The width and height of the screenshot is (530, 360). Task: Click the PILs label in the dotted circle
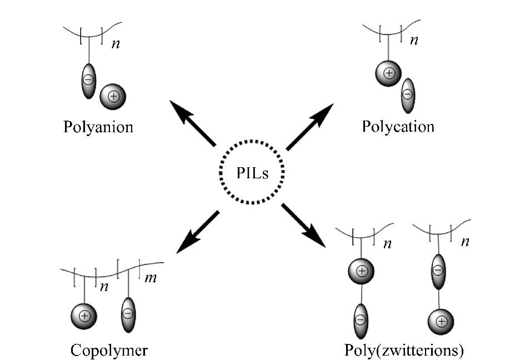[x=252, y=173]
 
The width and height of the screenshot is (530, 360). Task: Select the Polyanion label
[x=98, y=127]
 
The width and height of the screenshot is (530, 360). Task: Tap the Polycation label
[x=398, y=127]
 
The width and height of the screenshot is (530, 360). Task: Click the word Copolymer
[x=109, y=350]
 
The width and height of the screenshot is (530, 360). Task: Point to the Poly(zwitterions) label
[x=404, y=350]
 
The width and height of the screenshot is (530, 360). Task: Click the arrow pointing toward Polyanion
[x=192, y=123]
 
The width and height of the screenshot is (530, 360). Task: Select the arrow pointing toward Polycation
[x=310, y=127]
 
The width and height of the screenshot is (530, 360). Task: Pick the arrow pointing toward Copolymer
[x=198, y=232]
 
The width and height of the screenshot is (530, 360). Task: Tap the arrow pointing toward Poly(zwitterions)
[x=303, y=226]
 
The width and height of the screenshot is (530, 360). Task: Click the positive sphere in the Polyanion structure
[x=113, y=97]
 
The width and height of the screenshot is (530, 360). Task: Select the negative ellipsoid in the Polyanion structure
[x=88, y=81]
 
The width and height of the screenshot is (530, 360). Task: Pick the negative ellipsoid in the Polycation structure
[x=408, y=96]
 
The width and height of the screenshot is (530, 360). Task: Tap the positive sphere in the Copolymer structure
[x=84, y=316]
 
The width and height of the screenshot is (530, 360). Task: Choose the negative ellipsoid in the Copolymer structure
[x=128, y=315]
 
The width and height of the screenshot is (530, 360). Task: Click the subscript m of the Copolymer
[x=151, y=278]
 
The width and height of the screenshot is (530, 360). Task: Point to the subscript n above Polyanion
[x=116, y=44]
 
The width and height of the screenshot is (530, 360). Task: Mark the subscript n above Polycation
[x=414, y=41]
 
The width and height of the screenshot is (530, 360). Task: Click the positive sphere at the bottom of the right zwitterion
[x=441, y=322]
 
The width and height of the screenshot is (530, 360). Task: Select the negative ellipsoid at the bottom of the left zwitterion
[x=361, y=321]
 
